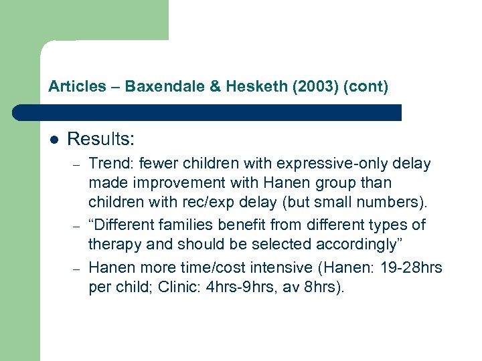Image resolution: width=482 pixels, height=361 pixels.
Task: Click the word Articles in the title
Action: pyautogui.click(x=77, y=86)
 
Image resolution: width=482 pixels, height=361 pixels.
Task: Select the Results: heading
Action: pyautogui.click(x=101, y=139)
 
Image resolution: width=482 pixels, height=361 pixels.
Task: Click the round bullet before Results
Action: pyautogui.click(x=54, y=140)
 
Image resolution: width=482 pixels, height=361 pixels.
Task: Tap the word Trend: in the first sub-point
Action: pyautogui.click(x=111, y=164)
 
